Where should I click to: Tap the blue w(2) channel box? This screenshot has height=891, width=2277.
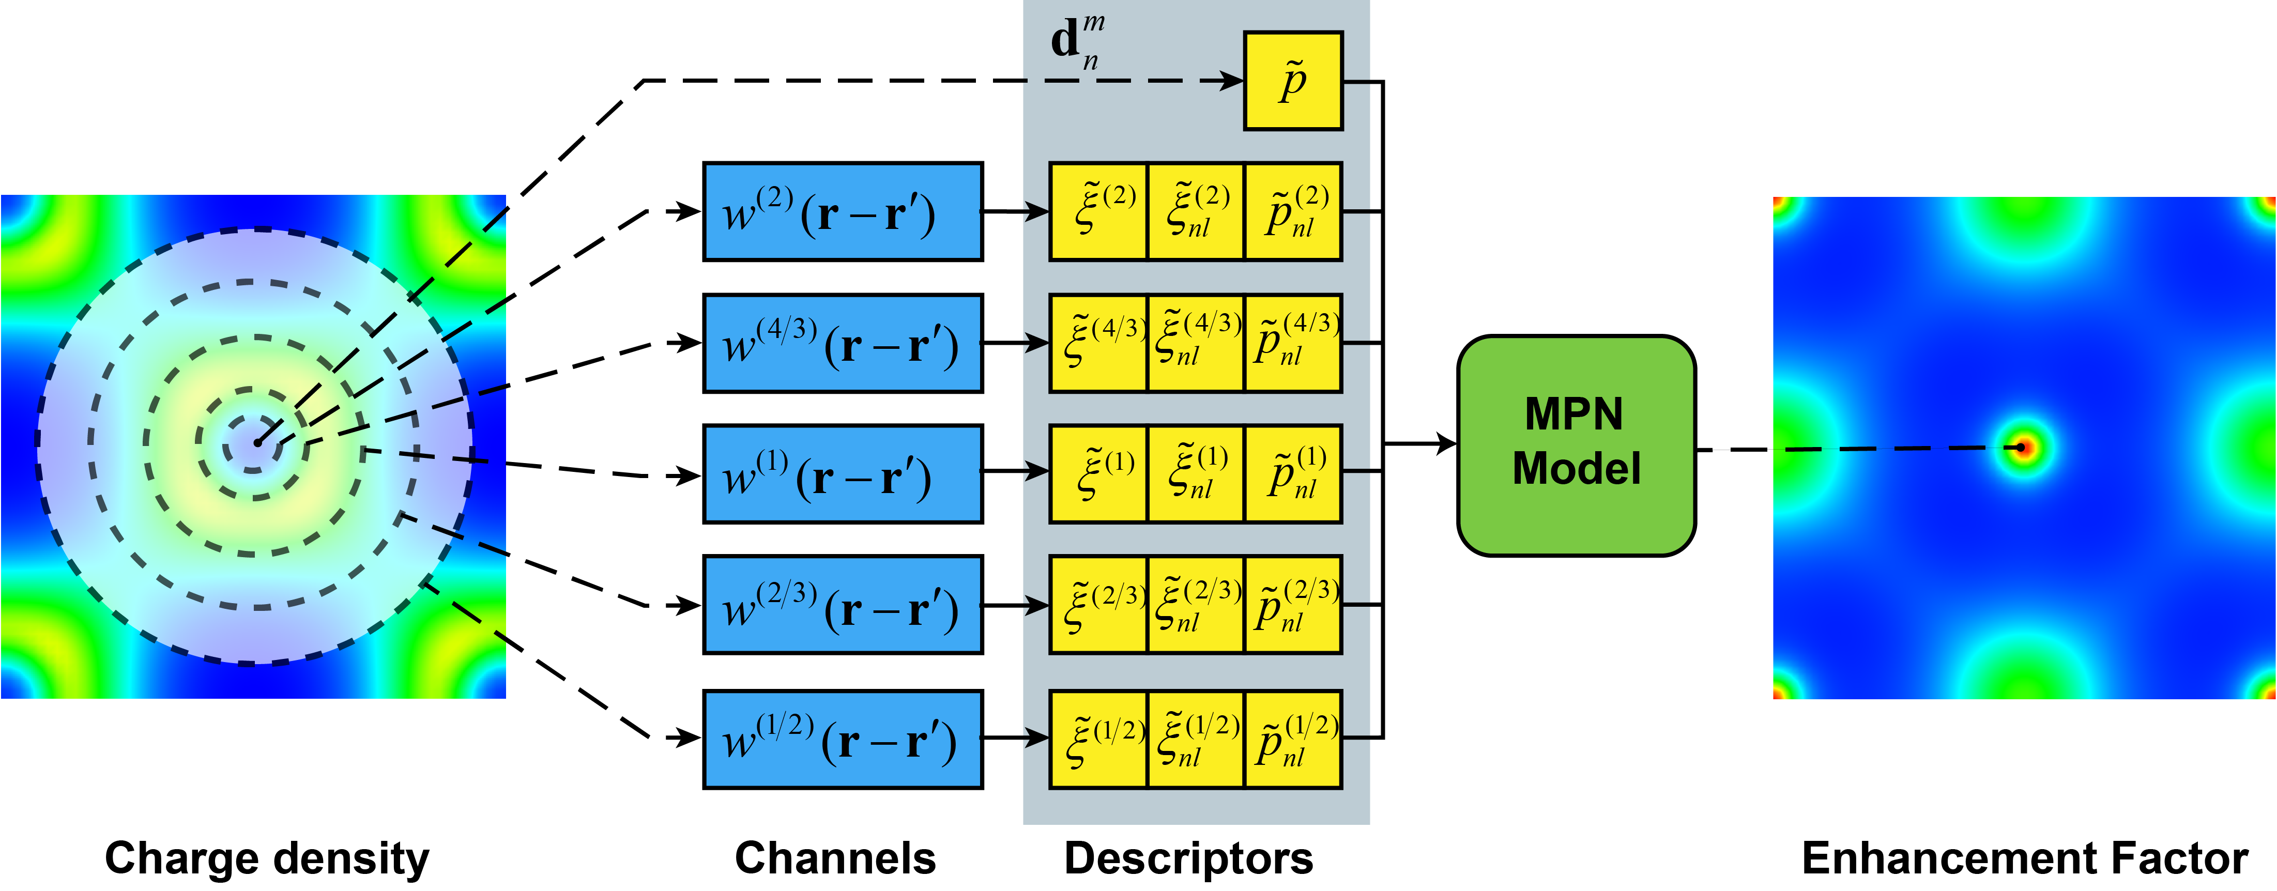pyautogui.click(x=843, y=212)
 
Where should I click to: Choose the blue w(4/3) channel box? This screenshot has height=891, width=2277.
pyautogui.click(x=843, y=343)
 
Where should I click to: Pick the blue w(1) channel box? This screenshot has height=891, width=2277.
pyautogui.click(x=843, y=474)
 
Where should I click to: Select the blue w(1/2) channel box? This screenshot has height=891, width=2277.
pyautogui.click(x=843, y=739)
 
